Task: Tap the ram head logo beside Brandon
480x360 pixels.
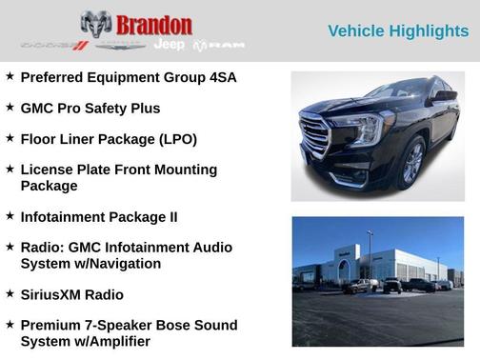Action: (96, 24)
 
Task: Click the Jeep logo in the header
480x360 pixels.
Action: (170, 45)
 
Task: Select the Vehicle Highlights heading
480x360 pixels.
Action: (398, 31)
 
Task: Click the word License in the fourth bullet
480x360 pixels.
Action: (47, 170)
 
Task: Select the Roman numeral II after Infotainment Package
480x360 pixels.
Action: (171, 216)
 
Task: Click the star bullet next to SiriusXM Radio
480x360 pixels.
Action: (10, 293)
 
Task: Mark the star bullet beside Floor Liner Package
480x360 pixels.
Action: (10, 138)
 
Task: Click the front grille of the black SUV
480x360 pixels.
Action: (314, 135)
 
